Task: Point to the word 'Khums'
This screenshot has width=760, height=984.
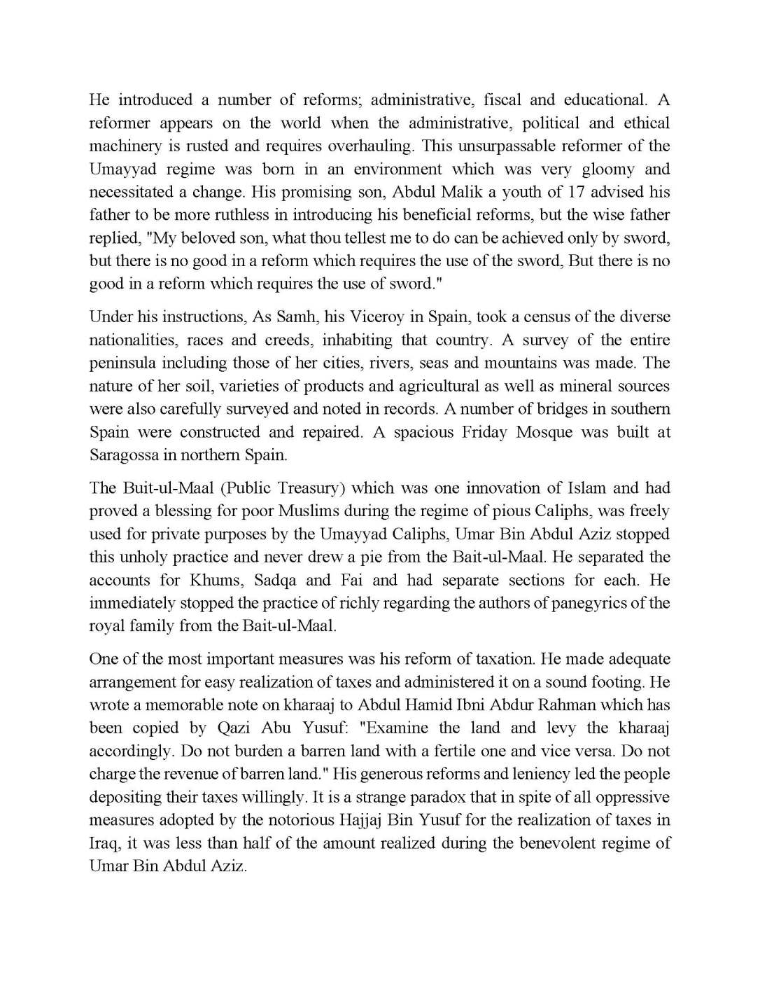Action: pos(215,581)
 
